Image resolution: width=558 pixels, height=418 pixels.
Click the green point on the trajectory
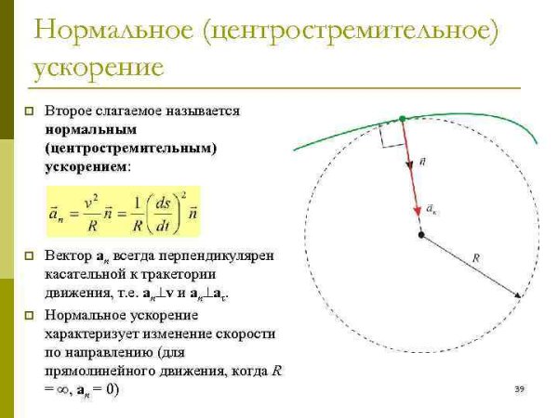coord(402,119)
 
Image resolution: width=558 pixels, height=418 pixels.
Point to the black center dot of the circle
coord(421,235)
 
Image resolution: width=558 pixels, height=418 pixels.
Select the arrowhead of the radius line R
coord(515,295)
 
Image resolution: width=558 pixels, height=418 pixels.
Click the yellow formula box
coord(123,213)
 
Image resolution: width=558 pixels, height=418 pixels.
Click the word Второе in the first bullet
coord(72,111)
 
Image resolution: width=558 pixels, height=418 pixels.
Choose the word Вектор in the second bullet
coord(69,255)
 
